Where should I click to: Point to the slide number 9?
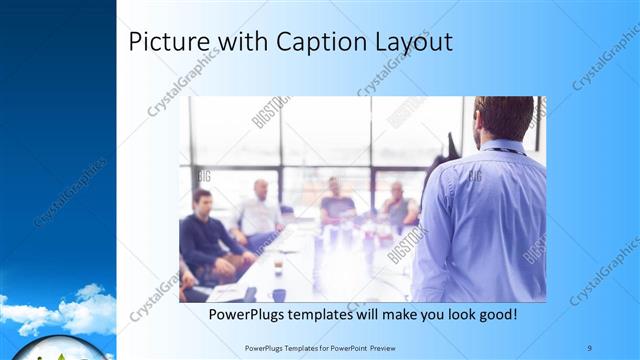click(589, 347)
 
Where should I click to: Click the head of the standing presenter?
click(504, 116)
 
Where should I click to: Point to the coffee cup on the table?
click(278, 266)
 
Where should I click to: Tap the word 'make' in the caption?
click(405, 315)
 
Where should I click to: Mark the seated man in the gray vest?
click(337, 204)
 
